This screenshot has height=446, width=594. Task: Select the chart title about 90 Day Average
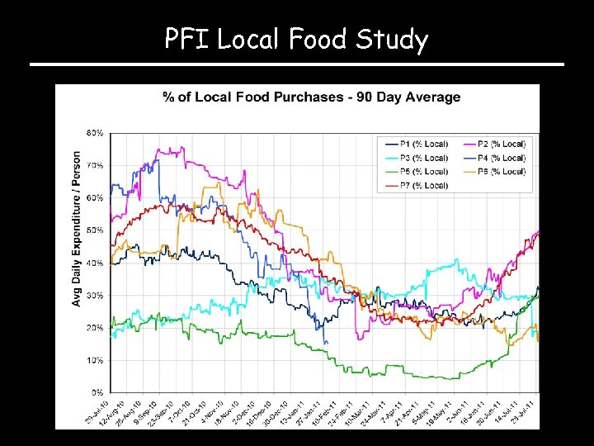click(311, 97)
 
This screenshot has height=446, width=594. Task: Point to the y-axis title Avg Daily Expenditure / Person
click(77, 229)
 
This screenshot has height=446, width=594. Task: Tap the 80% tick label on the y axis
click(95, 133)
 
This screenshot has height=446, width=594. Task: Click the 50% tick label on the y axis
click(95, 230)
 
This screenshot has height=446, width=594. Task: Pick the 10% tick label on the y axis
click(95, 360)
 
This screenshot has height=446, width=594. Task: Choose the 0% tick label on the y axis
click(97, 392)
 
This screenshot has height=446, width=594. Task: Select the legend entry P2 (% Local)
click(502, 144)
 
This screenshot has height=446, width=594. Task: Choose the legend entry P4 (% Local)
click(502, 158)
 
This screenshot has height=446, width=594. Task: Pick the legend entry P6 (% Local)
click(502, 172)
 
